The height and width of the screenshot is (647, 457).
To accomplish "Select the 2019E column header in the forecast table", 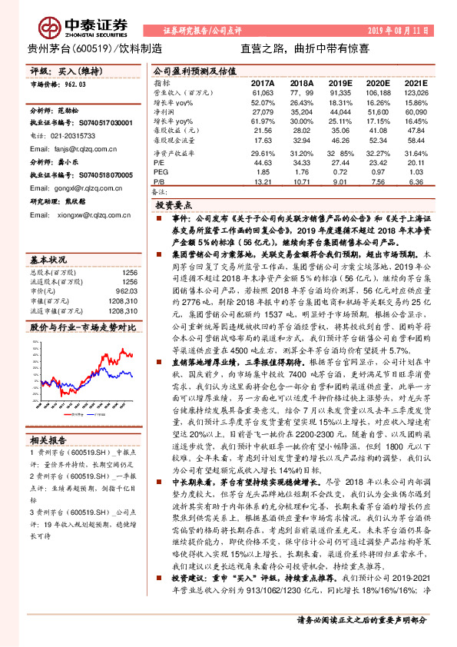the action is pos(339,82).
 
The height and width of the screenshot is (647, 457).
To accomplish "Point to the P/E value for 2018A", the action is pos(302,163).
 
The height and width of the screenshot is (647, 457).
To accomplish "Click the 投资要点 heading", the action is pos(173,207).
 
